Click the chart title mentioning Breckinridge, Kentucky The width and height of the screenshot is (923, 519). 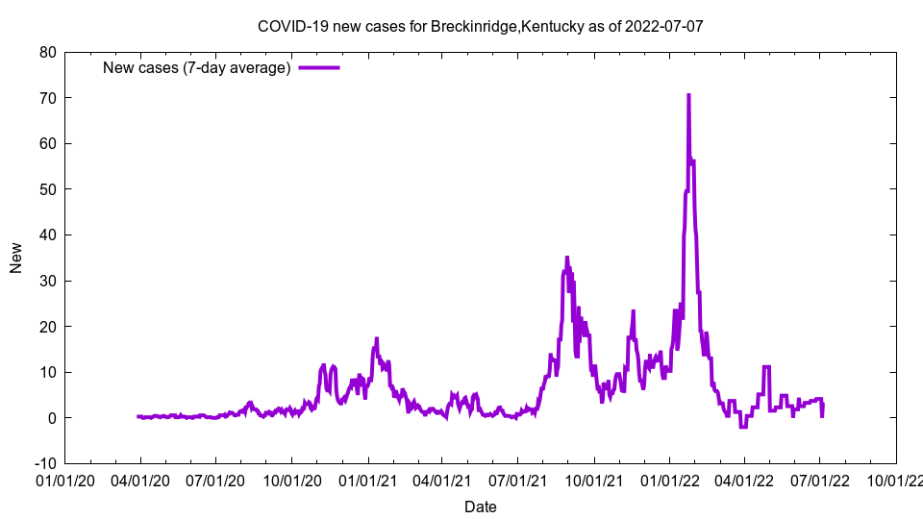[480, 26]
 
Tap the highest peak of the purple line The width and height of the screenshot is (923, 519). [688, 95]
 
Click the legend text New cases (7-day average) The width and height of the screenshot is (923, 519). [196, 67]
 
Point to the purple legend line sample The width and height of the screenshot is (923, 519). [319, 67]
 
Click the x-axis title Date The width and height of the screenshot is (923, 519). [480, 507]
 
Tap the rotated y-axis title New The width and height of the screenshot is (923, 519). [16, 258]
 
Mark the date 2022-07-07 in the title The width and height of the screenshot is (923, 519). [663, 26]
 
